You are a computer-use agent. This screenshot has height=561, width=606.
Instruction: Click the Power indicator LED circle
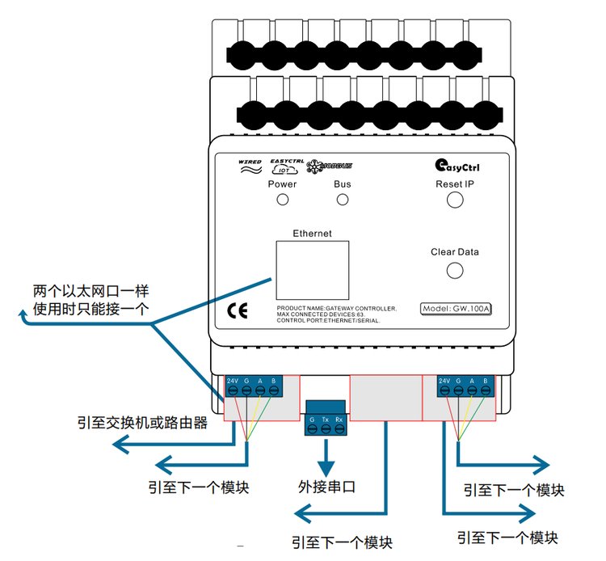(x=283, y=200)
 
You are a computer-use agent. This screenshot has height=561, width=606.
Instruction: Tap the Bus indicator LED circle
(x=343, y=200)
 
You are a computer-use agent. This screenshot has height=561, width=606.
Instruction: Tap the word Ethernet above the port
(x=312, y=234)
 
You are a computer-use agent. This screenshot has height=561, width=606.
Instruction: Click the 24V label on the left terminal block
(x=232, y=380)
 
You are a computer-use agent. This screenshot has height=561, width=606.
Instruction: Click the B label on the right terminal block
(x=485, y=380)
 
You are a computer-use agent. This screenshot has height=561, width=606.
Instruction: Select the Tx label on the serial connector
(x=326, y=420)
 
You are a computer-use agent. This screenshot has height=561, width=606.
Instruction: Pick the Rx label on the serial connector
(x=340, y=420)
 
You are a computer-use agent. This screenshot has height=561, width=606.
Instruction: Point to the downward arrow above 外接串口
(x=326, y=462)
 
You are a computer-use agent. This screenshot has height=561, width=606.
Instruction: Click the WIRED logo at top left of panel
(x=250, y=165)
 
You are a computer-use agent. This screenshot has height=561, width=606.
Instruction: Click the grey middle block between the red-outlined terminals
(x=385, y=397)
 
